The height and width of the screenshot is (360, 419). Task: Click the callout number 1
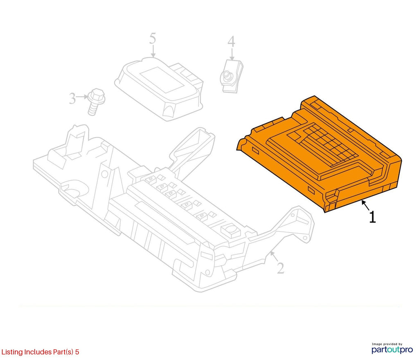pos(372,217)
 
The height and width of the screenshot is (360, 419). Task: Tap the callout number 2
pos(280,268)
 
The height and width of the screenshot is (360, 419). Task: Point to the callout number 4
pos(232,42)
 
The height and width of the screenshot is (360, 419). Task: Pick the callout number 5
pos(153,38)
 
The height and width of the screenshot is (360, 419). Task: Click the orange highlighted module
pos(320,154)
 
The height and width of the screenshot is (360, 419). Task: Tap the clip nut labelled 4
pos(232,77)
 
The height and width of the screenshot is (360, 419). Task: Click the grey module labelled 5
pos(159,88)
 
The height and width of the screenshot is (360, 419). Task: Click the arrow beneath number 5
pos(153,51)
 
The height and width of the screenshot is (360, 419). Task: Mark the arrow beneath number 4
pos(232,54)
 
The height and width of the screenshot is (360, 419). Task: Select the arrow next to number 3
pos(82,97)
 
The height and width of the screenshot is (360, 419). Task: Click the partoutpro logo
pos(392,350)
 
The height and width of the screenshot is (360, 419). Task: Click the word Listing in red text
pos(12,352)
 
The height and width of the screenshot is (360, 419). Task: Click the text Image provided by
pos(387,344)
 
